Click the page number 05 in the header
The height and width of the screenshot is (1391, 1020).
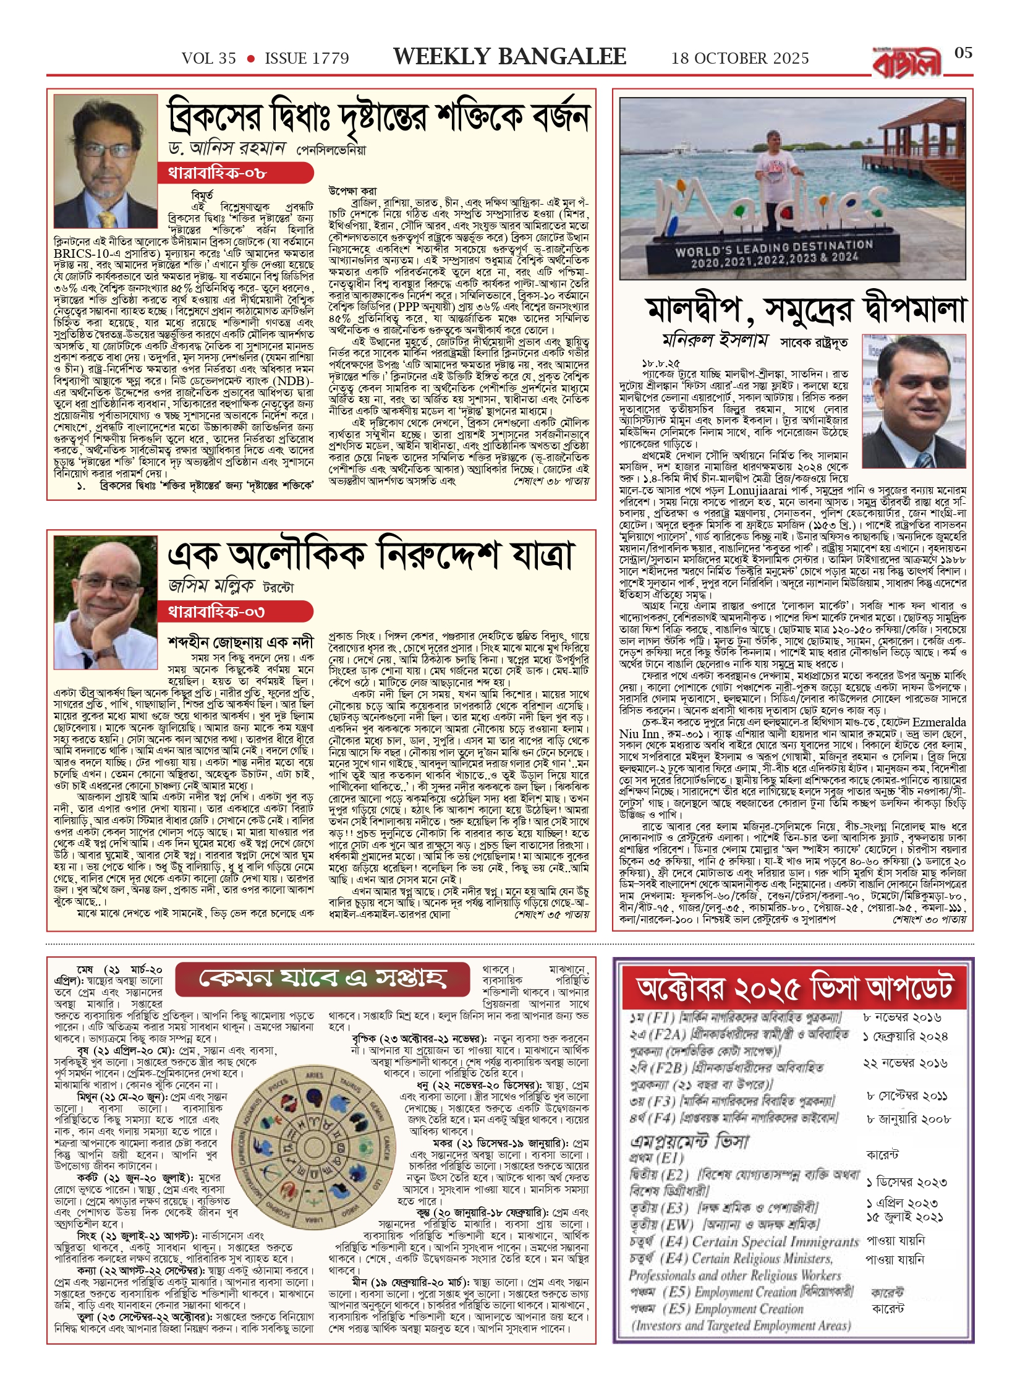point(963,53)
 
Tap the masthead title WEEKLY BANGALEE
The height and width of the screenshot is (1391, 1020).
point(509,57)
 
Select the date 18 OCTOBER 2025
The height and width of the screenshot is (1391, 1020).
point(740,59)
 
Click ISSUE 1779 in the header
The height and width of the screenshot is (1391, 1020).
point(307,59)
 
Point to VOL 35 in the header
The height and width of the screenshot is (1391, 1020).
point(208,59)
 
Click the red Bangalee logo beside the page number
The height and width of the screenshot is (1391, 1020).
point(907,62)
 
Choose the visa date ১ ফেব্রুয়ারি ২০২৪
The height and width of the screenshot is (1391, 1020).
point(905,1037)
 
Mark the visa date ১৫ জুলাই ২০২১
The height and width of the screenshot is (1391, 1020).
point(904,1217)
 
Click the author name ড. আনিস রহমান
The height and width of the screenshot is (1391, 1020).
point(227,149)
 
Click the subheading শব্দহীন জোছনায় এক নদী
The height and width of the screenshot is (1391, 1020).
point(240,642)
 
